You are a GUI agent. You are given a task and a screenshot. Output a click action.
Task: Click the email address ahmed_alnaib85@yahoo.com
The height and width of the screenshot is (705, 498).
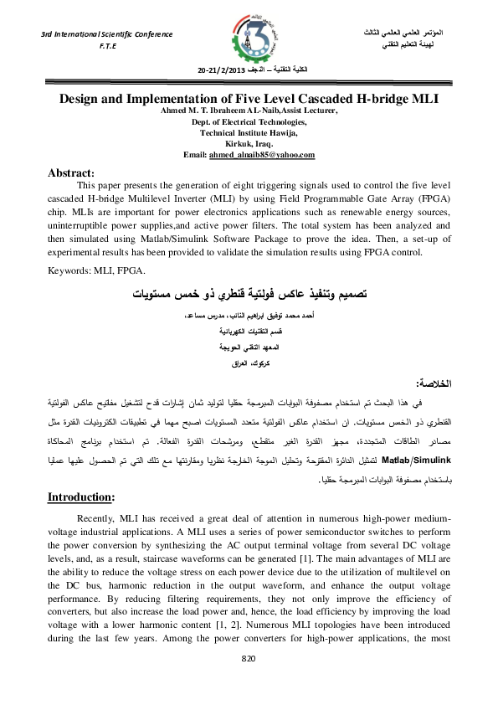274,155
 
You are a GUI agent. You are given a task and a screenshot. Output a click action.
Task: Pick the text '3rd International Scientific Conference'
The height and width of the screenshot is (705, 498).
107,34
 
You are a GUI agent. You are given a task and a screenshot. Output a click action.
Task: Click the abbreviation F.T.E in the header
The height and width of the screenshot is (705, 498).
106,48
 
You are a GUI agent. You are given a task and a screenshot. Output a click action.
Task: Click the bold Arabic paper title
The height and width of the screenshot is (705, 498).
249,295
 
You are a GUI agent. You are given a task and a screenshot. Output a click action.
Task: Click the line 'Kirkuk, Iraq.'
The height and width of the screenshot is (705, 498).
249,144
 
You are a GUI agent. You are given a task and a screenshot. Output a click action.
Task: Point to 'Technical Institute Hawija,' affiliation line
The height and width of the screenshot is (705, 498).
249,133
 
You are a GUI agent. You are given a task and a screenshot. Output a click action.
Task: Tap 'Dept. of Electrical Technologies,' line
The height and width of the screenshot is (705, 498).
249,122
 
